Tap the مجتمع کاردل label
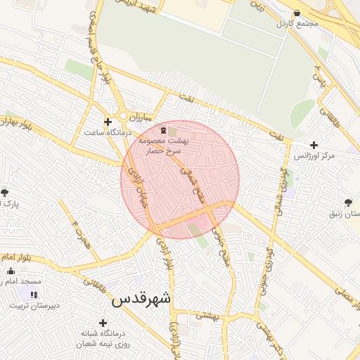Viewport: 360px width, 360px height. [x=298, y=23]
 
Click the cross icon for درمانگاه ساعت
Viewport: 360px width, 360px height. [x=107, y=122]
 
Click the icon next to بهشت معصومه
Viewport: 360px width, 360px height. [x=164, y=131]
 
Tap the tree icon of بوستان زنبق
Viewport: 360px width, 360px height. [x=349, y=202]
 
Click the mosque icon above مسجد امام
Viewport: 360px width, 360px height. [x=11, y=271]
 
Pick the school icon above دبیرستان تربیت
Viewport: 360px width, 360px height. [x=33, y=295]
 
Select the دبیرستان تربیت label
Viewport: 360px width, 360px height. [x=35, y=306]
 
